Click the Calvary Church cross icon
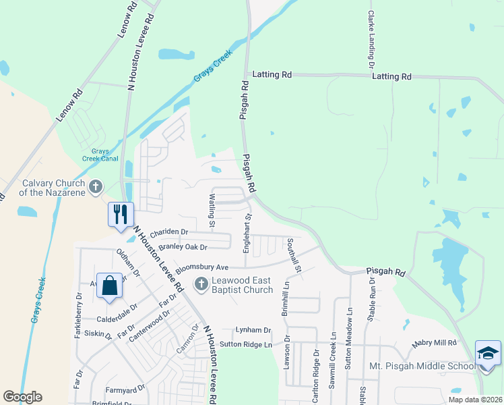click(96, 186)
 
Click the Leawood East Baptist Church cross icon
click(200, 284)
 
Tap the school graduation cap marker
click(488, 353)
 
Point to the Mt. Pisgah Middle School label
click(422, 367)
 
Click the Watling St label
click(212, 209)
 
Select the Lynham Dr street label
click(253, 330)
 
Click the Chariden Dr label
click(168, 232)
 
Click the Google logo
click(22, 397)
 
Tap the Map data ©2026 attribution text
click(474, 400)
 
